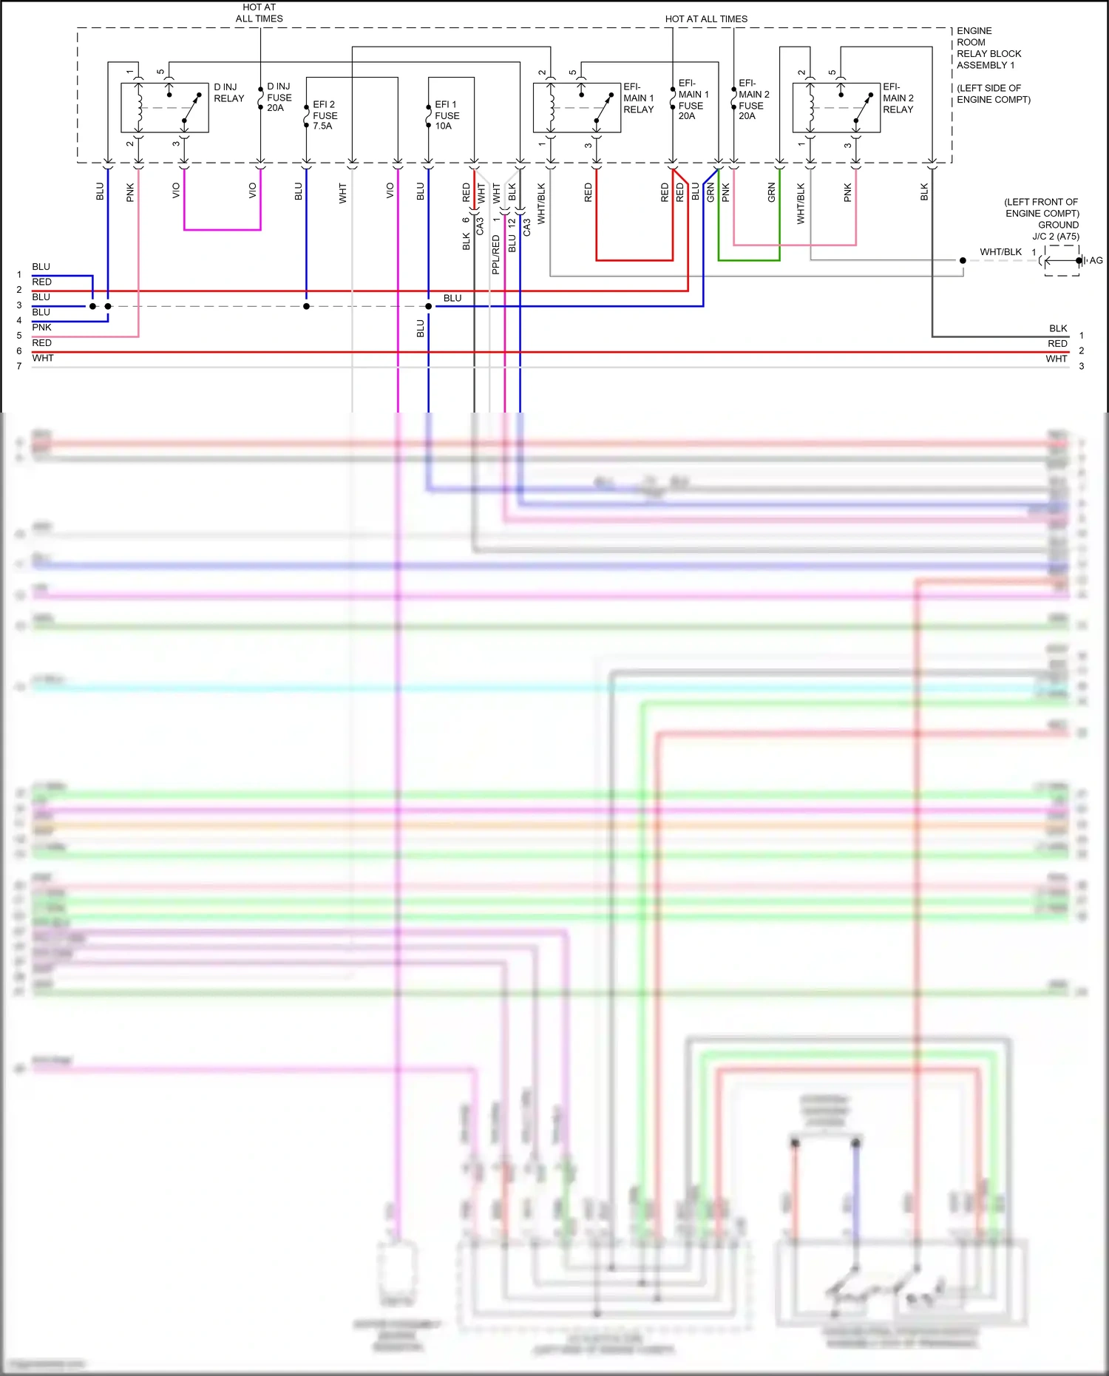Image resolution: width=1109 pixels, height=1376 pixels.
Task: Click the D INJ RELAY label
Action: tap(228, 92)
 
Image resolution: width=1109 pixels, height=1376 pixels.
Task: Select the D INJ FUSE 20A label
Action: tap(279, 97)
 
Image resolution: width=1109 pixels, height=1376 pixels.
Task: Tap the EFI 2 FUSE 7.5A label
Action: tap(325, 115)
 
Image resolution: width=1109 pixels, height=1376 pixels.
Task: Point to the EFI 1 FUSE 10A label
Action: tap(447, 115)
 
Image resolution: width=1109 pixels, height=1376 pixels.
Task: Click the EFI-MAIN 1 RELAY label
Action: tap(638, 98)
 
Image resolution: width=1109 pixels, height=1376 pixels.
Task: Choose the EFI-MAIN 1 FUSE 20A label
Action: tap(693, 99)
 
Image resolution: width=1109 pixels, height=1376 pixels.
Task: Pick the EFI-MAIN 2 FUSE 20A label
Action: tap(753, 99)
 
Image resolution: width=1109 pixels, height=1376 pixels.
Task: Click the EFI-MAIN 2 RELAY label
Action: tap(898, 98)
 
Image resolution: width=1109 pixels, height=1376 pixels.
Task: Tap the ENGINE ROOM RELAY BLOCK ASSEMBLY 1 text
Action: tap(988, 48)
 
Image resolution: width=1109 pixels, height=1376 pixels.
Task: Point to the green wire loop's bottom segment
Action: tap(748, 260)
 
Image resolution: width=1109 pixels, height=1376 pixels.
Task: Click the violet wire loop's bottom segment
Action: tap(222, 230)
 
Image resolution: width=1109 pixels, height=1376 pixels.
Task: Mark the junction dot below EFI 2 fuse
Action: tap(306, 306)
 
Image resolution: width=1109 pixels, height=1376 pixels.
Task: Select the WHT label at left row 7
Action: tap(43, 358)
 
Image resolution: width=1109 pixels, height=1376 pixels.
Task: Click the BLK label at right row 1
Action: tap(1057, 328)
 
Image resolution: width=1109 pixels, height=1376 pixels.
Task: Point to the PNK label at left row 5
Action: tap(41, 328)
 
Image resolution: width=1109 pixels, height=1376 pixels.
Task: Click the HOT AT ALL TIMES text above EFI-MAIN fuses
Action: tap(705, 18)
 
